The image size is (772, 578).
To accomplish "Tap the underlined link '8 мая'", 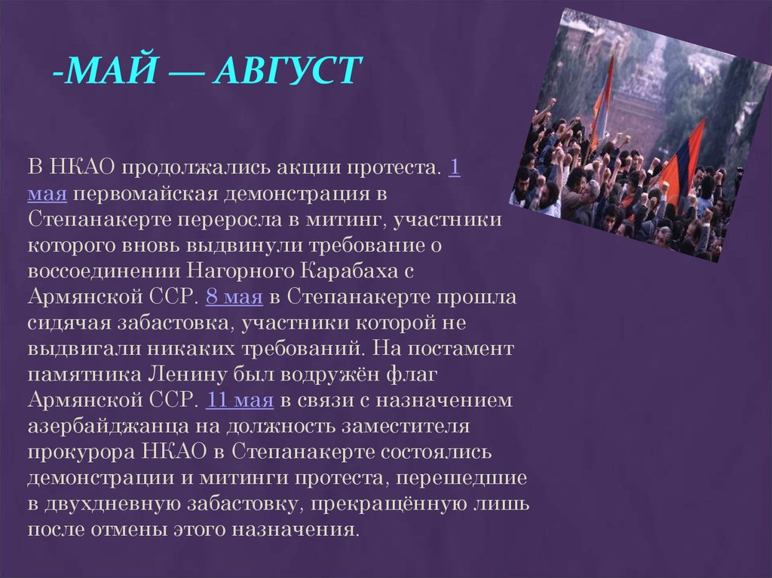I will pyautogui.click(x=234, y=297).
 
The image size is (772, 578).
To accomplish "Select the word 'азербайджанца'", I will pyautogui.click(x=109, y=425).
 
